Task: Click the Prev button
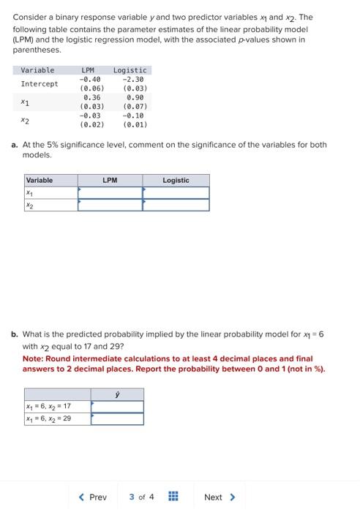[x=93, y=497]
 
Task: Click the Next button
[x=219, y=497]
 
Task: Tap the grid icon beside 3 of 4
[x=173, y=497]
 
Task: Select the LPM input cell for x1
[x=110, y=192]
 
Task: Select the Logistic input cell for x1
[x=176, y=192]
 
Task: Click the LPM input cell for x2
[x=110, y=205]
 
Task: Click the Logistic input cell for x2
[x=176, y=205]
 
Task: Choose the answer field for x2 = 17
[x=117, y=407]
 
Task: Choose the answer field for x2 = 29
[x=117, y=419]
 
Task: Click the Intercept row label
[x=39, y=83]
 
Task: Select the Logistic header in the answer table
[x=176, y=180]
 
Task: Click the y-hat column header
[x=117, y=394]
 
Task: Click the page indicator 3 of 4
[x=141, y=497]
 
